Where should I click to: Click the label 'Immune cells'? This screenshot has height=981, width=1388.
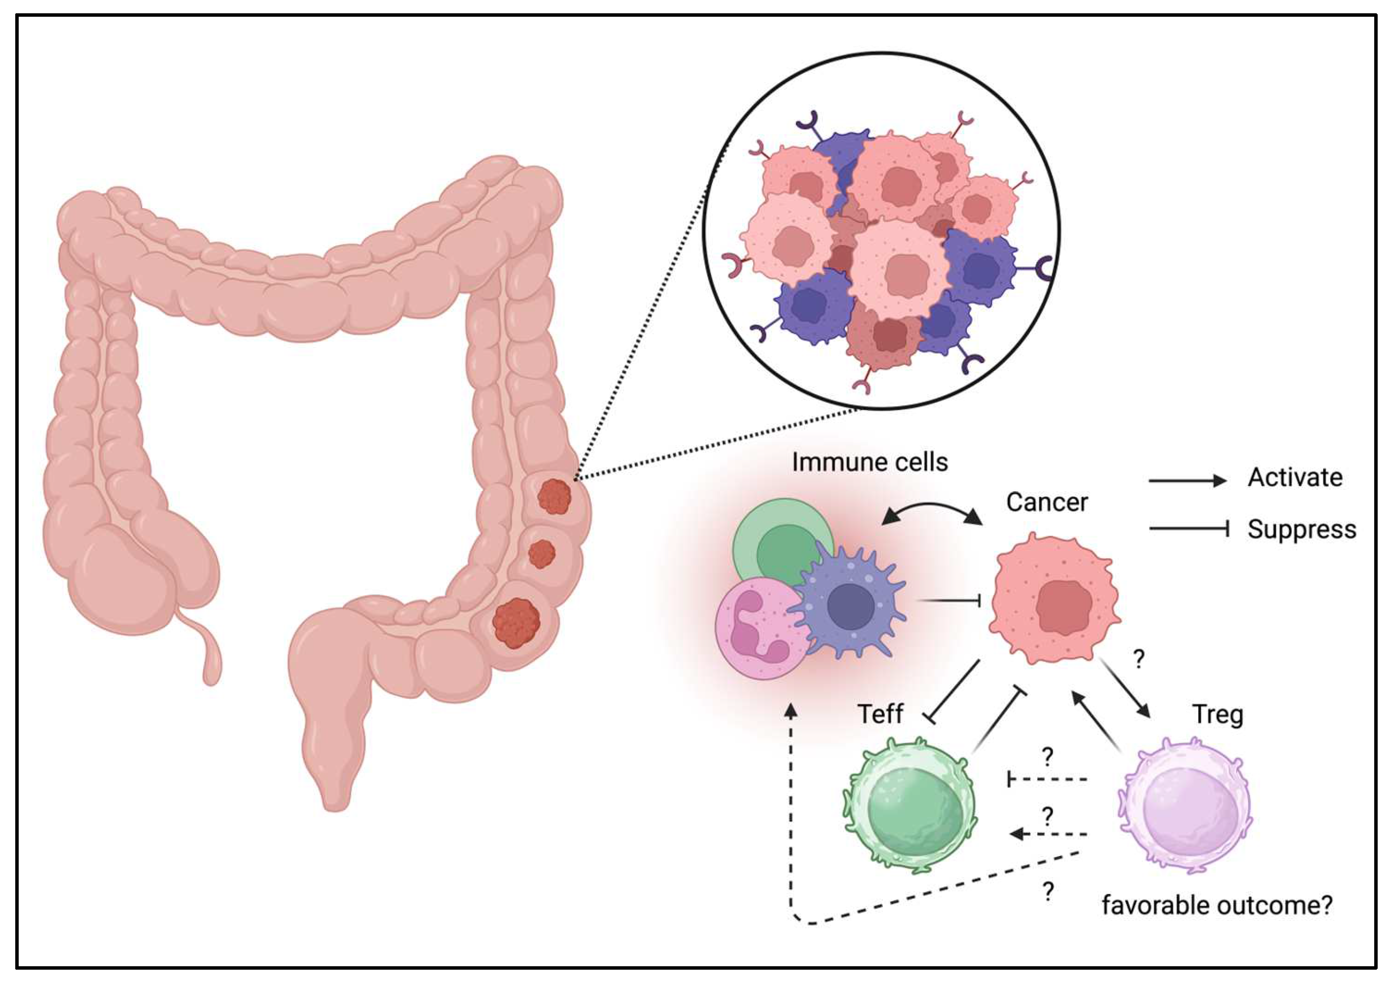pyautogui.click(x=869, y=463)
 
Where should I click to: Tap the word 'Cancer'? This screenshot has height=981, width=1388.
pyautogui.click(x=1047, y=503)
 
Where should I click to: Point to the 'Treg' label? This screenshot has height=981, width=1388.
pyautogui.click(x=1217, y=715)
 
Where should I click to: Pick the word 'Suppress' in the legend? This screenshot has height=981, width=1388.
pyautogui.click(x=1301, y=530)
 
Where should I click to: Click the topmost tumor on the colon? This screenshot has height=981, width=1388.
pyautogui.click(x=554, y=497)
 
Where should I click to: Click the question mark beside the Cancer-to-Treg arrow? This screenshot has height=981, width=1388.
pyautogui.click(x=1138, y=659)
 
